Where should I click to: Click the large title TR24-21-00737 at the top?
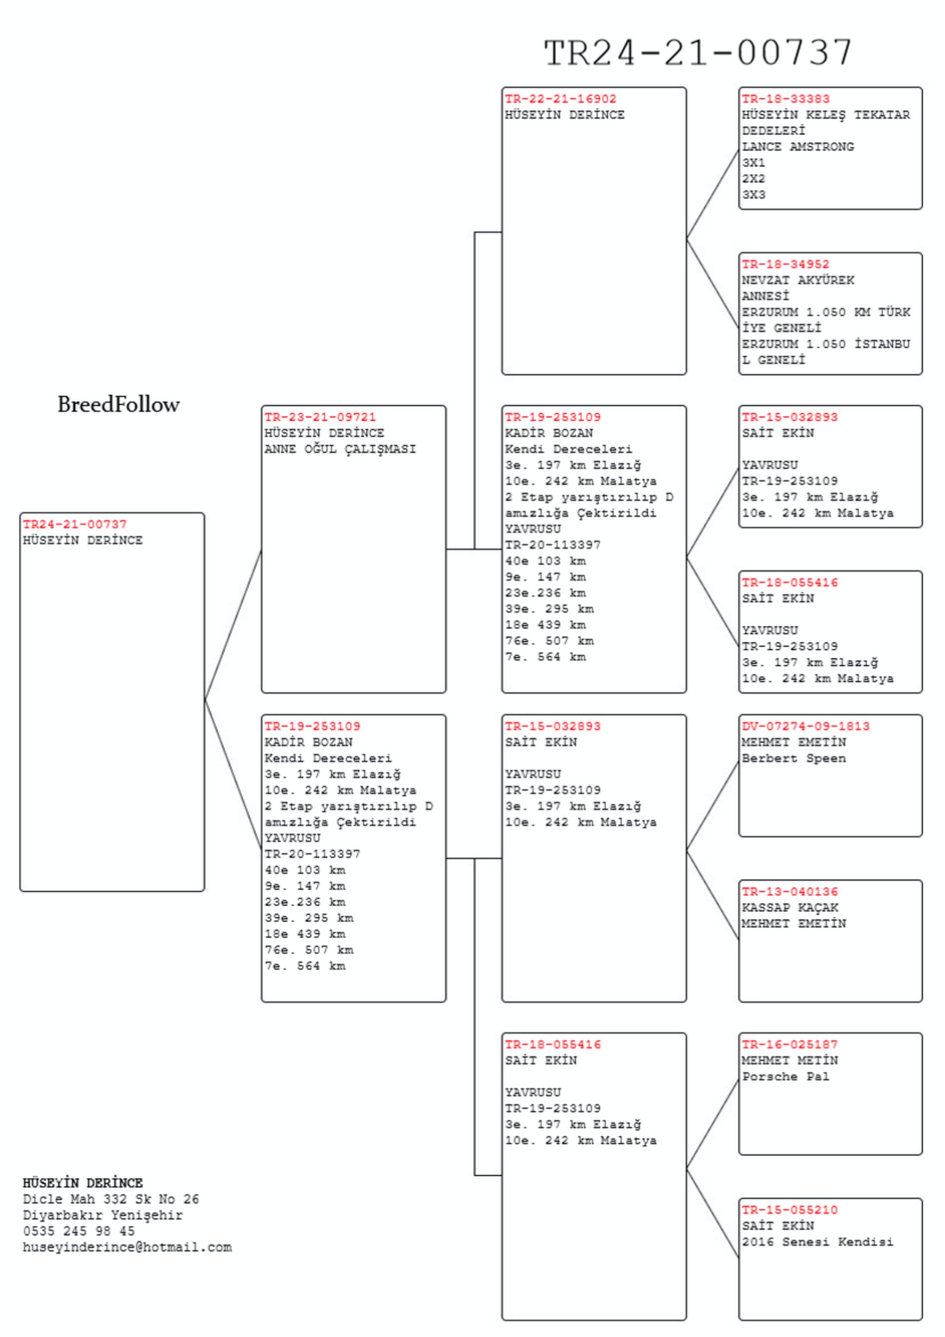click(x=697, y=53)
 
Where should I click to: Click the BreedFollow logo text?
click(x=118, y=404)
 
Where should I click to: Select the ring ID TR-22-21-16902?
click(x=560, y=99)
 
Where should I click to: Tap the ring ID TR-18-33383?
click(x=785, y=99)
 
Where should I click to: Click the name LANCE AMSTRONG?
click(x=798, y=147)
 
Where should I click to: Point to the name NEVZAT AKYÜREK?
click(x=798, y=280)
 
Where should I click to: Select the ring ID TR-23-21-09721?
click(x=320, y=417)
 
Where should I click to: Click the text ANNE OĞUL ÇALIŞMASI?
click(x=340, y=449)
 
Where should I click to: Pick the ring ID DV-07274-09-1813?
click(x=806, y=726)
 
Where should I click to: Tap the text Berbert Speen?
click(x=794, y=758)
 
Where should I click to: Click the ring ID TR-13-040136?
click(x=790, y=892)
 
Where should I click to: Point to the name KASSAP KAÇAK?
click(x=790, y=907)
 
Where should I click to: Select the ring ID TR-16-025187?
click(x=790, y=1044)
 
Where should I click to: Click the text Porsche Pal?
click(x=785, y=1076)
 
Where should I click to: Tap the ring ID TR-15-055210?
click(x=790, y=1210)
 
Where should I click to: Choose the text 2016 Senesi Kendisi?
click(x=818, y=1242)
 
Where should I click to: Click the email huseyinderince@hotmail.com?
click(x=127, y=1247)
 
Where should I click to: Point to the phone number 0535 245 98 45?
click(x=78, y=1231)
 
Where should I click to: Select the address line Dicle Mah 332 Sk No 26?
click(x=111, y=1199)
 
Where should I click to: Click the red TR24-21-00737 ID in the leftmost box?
click(x=74, y=524)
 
